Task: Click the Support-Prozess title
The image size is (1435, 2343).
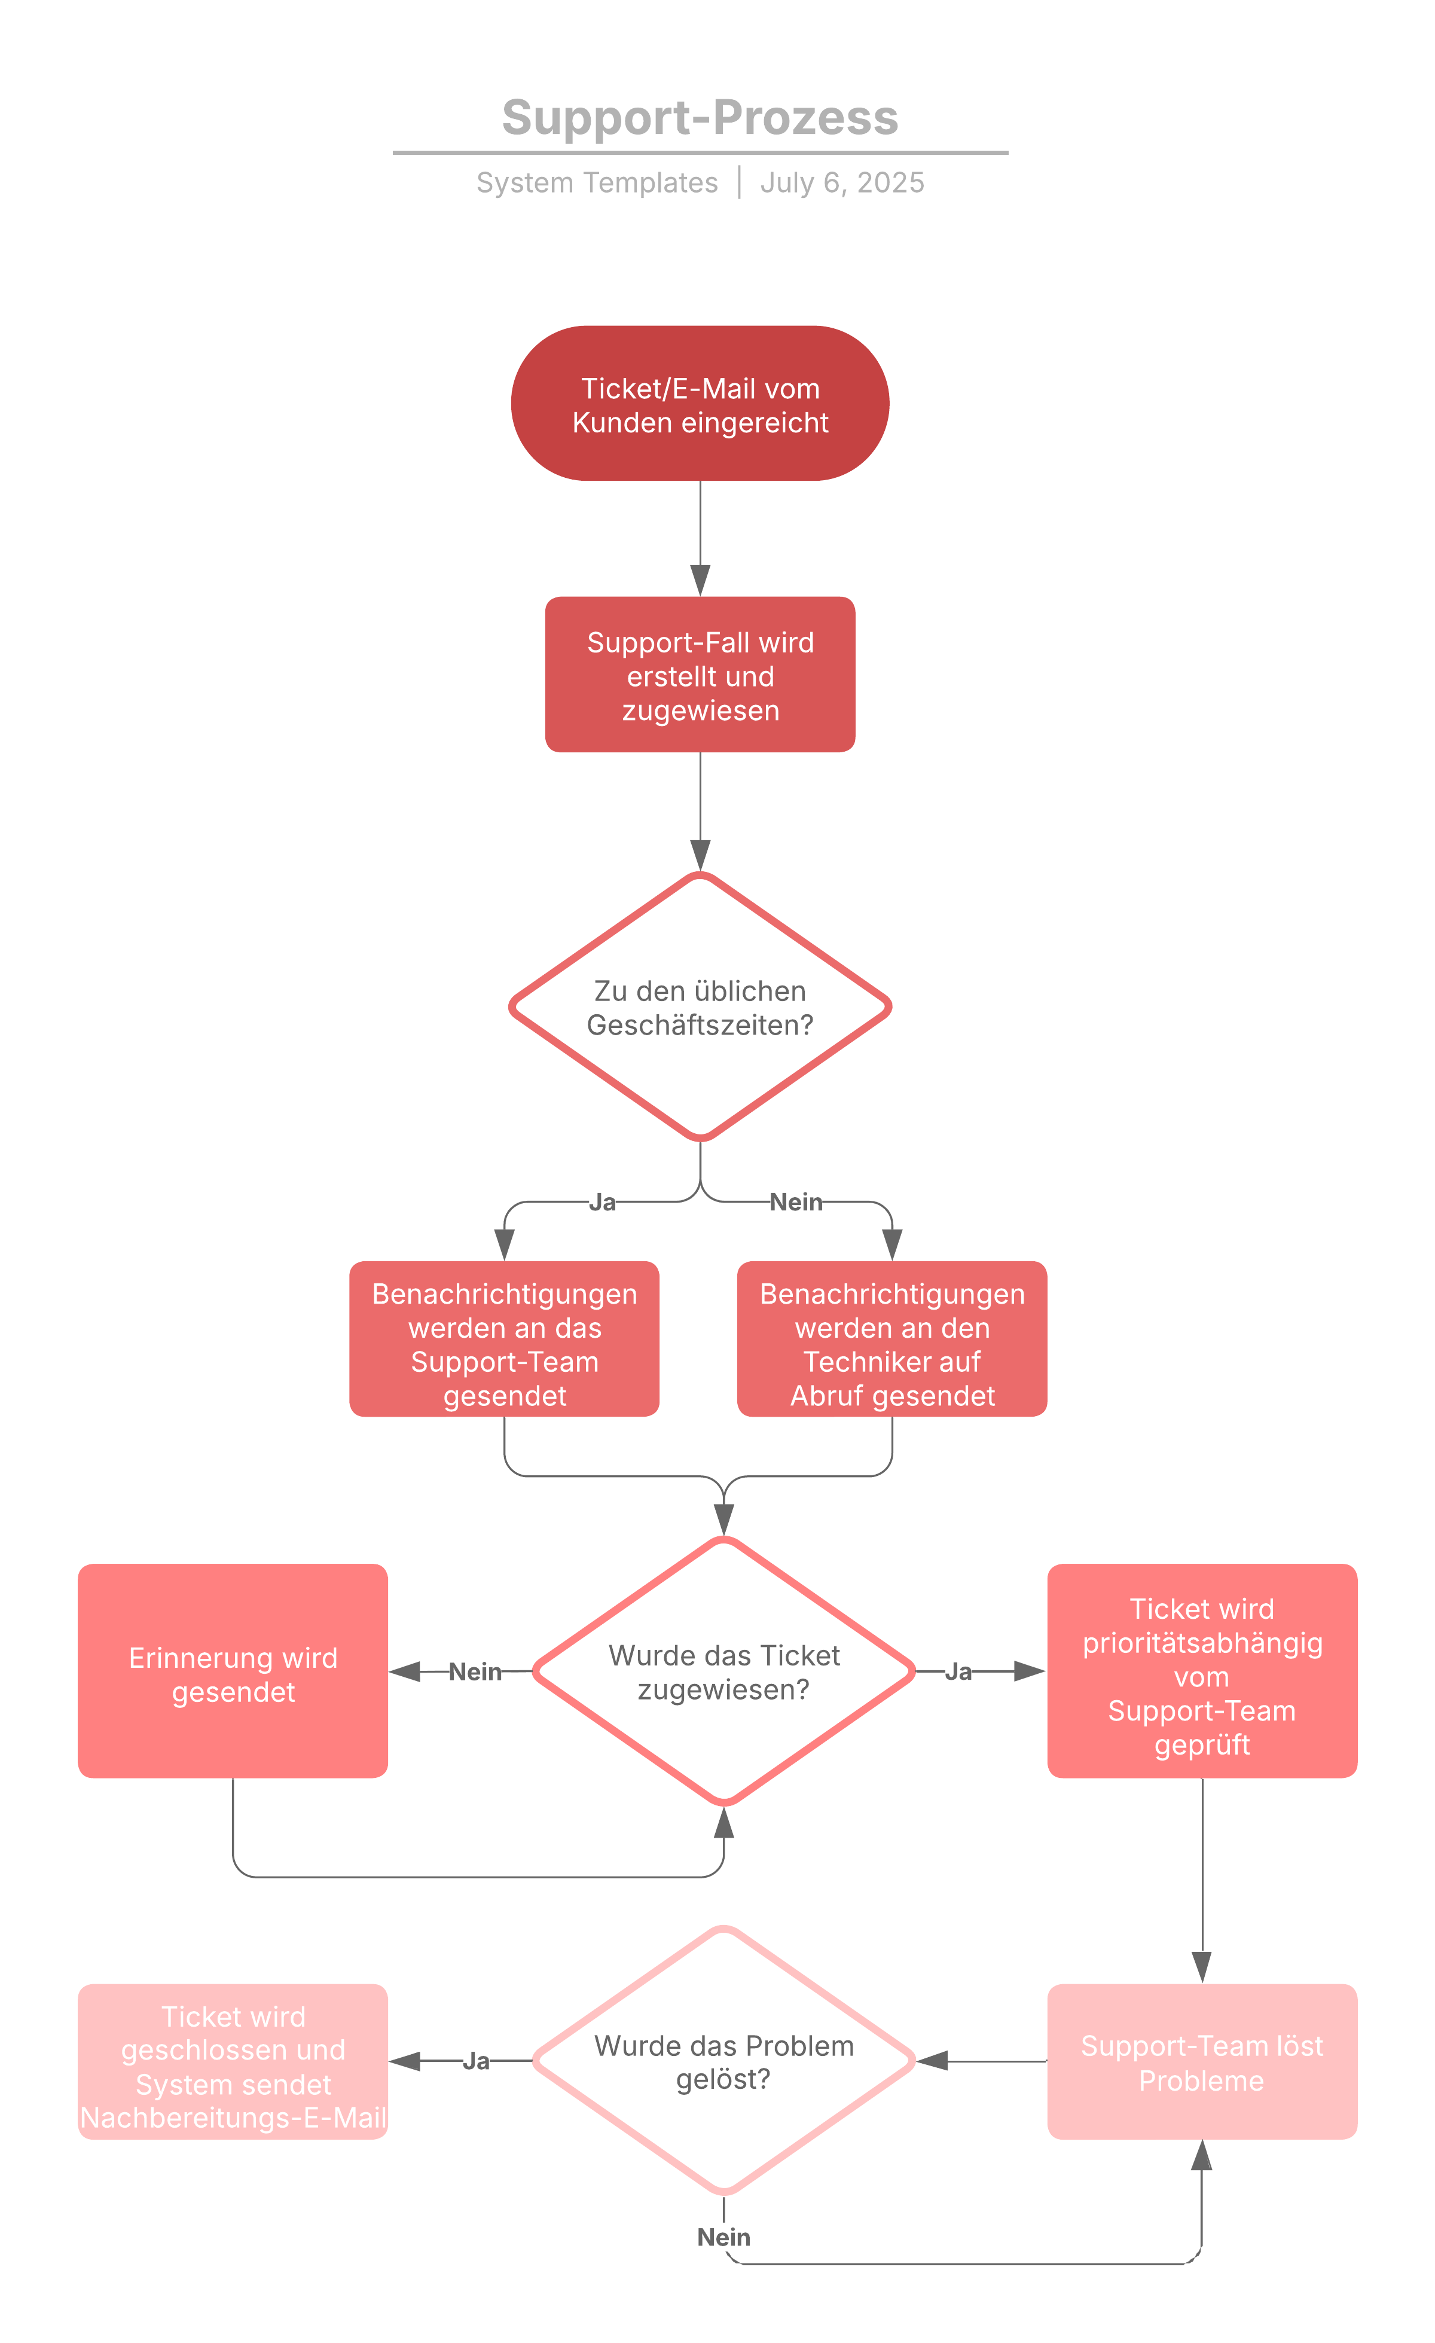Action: point(700,118)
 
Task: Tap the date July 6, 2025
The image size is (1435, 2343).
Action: point(842,182)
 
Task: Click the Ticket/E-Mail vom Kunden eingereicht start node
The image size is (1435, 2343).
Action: point(700,404)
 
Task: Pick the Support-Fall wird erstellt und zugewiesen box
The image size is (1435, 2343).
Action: point(700,675)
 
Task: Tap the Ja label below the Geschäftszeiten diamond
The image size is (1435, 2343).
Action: point(602,1203)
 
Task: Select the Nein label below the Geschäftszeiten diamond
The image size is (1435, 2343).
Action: point(796,1203)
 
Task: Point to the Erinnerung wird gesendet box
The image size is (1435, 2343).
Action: point(233,1674)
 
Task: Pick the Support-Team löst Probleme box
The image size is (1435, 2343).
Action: point(1202,2064)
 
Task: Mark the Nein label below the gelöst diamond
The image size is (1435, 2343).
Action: point(723,2237)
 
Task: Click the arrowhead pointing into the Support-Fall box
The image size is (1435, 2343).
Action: point(700,580)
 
